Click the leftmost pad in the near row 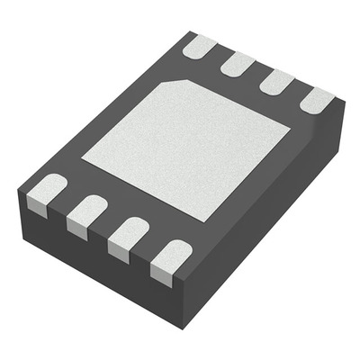44,192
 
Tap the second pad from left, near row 86,213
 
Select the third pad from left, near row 128,236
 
